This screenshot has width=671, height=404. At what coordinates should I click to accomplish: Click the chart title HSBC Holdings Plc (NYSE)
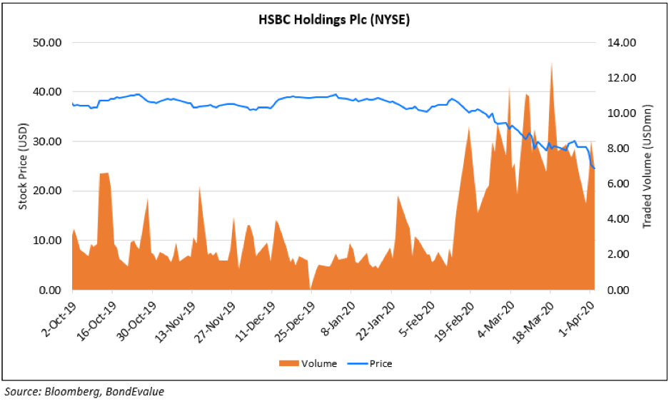pos(333,20)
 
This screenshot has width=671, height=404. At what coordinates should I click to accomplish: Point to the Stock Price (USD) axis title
pos(22,166)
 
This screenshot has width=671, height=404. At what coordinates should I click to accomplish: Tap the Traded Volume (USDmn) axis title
pos(647,166)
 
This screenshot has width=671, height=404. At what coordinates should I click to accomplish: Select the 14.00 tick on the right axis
pos(618,43)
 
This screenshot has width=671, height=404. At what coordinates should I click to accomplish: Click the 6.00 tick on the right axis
pos(618,184)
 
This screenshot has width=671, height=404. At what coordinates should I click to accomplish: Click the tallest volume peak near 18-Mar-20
pos(551,64)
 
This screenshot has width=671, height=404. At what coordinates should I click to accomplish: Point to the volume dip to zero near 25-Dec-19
pos(310,288)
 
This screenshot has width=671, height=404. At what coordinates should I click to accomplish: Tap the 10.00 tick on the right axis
pos(618,113)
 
